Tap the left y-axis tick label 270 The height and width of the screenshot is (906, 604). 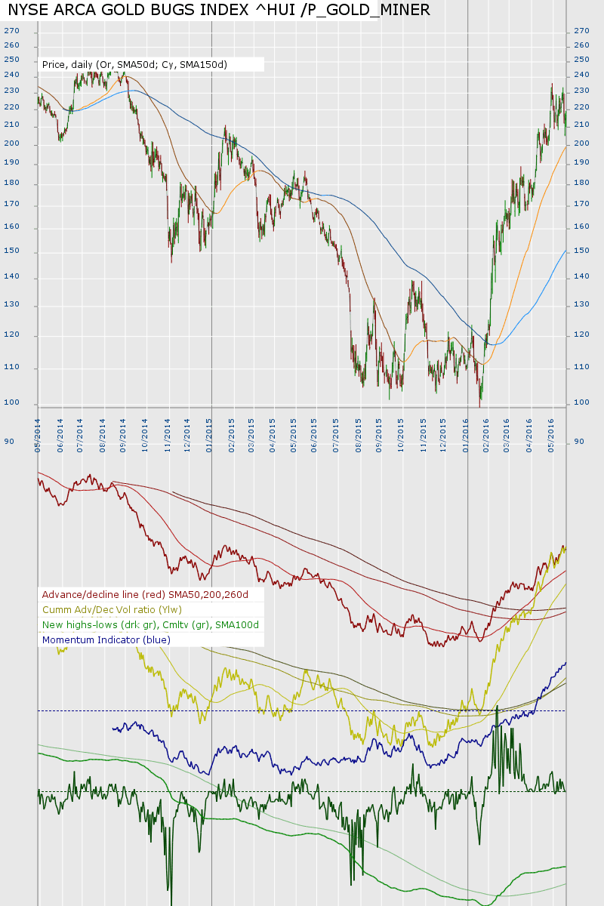coord(11,31)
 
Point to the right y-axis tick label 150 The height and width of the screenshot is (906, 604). coord(581,251)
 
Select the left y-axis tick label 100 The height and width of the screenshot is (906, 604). coord(11,402)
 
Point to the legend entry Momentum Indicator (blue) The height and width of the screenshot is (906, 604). coord(106,640)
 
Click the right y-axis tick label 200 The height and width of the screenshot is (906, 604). coord(581,144)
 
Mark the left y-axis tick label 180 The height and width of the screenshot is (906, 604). coord(11,183)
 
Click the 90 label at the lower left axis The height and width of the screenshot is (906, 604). coord(9,441)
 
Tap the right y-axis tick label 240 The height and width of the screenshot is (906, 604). coord(581,75)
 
